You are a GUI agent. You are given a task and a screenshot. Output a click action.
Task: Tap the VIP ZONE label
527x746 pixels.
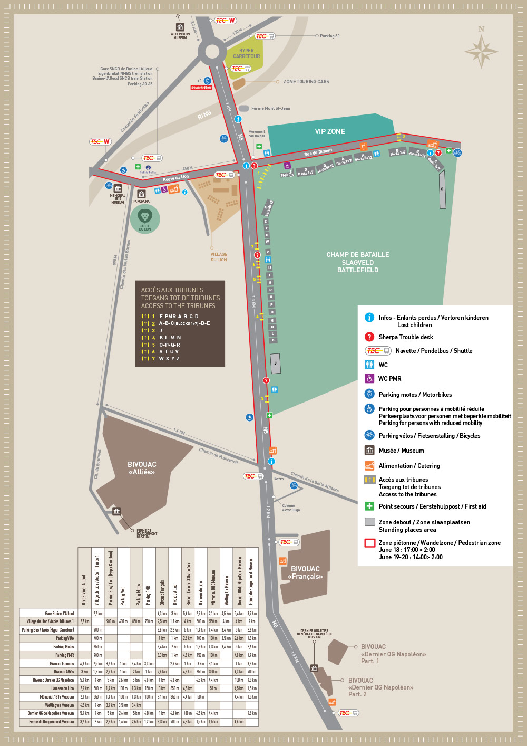(330, 131)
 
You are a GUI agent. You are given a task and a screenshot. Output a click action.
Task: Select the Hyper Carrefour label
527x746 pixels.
(246, 54)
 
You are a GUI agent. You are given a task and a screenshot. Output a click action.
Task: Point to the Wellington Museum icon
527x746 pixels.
(180, 27)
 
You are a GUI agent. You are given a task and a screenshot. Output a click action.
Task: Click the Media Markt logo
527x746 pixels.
(201, 88)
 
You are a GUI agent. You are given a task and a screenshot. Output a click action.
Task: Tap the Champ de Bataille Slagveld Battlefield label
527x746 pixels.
(358, 262)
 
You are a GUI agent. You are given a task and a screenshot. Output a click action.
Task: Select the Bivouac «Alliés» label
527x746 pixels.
(142, 468)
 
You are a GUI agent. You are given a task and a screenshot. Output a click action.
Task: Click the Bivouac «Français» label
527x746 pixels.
(305, 572)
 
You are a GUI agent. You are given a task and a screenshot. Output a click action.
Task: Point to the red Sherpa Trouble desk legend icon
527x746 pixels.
(369, 337)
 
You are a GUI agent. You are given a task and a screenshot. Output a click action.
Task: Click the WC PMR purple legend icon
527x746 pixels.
(369, 378)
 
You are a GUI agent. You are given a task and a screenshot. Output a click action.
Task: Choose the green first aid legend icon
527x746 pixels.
(369, 506)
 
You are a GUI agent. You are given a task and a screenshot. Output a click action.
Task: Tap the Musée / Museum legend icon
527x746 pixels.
(369, 450)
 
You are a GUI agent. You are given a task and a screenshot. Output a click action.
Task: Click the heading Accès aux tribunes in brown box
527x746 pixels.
(172, 290)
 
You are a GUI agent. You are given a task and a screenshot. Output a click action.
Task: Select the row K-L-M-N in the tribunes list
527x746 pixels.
(170, 338)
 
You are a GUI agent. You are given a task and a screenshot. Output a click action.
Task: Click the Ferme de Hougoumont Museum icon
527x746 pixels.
(116, 511)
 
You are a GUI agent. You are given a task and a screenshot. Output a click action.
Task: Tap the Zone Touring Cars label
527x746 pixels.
(306, 82)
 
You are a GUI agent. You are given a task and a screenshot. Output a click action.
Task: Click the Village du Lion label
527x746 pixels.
(219, 257)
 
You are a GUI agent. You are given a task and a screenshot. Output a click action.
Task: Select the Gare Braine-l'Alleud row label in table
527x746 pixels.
(59, 613)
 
